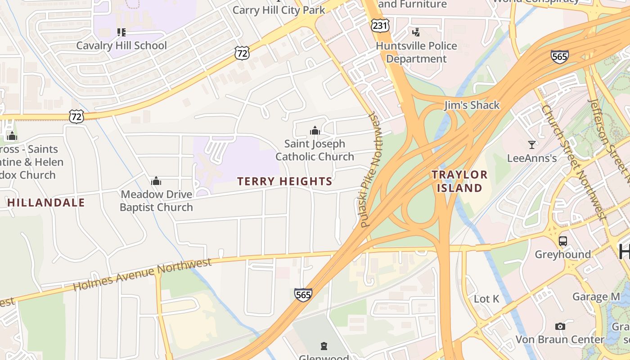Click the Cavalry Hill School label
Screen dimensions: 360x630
click(x=121, y=45)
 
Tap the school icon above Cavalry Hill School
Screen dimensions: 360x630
click(x=121, y=32)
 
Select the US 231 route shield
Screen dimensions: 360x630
click(x=380, y=25)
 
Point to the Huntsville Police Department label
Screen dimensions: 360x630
click(x=416, y=52)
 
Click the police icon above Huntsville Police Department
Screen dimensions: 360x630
click(x=416, y=32)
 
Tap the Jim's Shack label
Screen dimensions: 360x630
click(x=472, y=105)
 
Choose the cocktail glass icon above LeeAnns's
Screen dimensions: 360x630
click(x=532, y=144)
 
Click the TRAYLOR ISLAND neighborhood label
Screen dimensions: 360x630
click(x=459, y=181)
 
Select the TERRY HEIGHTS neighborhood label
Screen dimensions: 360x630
click(x=284, y=181)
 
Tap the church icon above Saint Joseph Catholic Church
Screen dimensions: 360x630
click(x=315, y=130)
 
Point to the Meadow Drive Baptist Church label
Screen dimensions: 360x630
click(x=156, y=201)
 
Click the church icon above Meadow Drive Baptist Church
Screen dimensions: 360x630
click(x=156, y=181)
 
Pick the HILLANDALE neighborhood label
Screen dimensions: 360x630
click(x=46, y=203)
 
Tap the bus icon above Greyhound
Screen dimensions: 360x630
click(x=562, y=241)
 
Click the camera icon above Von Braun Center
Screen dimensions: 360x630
click(x=560, y=326)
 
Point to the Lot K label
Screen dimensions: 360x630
click(x=486, y=299)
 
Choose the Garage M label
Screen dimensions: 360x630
click(x=596, y=297)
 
